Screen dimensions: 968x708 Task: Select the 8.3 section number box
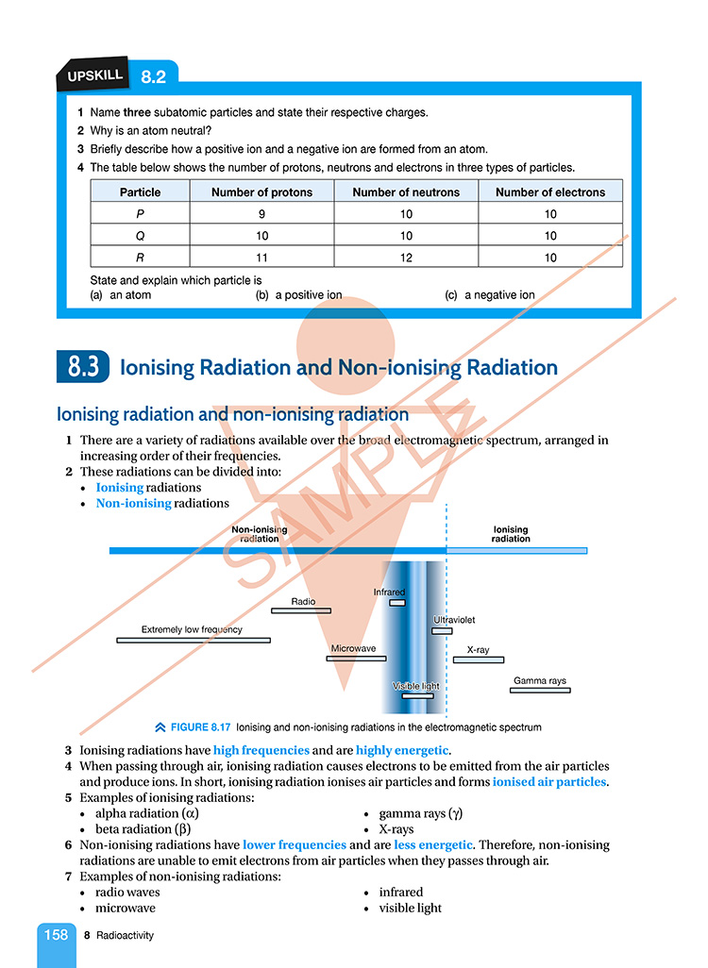point(83,367)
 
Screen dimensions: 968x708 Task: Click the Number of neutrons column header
point(406,192)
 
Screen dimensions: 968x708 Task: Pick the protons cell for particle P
point(262,214)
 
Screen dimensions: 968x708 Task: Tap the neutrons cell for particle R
point(406,258)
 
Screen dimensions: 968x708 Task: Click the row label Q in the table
point(140,236)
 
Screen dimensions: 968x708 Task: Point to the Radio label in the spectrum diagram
point(303,601)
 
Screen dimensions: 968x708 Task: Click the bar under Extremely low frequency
point(194,640)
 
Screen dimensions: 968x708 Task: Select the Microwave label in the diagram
point(354,649)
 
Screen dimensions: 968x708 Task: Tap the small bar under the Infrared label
point(397,602)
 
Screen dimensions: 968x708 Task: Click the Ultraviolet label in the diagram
point(454,620)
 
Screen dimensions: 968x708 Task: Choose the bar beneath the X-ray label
point(479,659)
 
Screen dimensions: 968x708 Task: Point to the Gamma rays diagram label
point(540,680)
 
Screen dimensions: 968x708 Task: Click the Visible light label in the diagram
point(416,686)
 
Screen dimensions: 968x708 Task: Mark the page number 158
point(56,934)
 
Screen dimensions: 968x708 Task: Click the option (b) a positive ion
point(303,294)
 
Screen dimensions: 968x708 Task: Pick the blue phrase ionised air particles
point(550,782)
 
